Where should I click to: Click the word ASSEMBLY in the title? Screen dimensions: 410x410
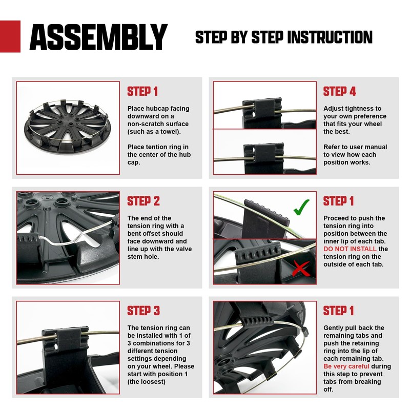98,37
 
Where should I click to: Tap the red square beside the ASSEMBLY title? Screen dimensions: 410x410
10,36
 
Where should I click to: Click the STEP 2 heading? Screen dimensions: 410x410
143,201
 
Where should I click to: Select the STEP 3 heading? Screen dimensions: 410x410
143,311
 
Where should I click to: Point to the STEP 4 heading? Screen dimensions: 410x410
339,92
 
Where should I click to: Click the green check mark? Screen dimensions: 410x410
301,207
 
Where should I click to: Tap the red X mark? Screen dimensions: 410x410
301,268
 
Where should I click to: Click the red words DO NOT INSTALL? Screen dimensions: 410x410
350,249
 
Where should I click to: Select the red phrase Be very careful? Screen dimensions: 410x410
346,366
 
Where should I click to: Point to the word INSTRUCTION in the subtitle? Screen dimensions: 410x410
330,37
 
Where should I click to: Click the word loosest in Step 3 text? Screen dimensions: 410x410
153,382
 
